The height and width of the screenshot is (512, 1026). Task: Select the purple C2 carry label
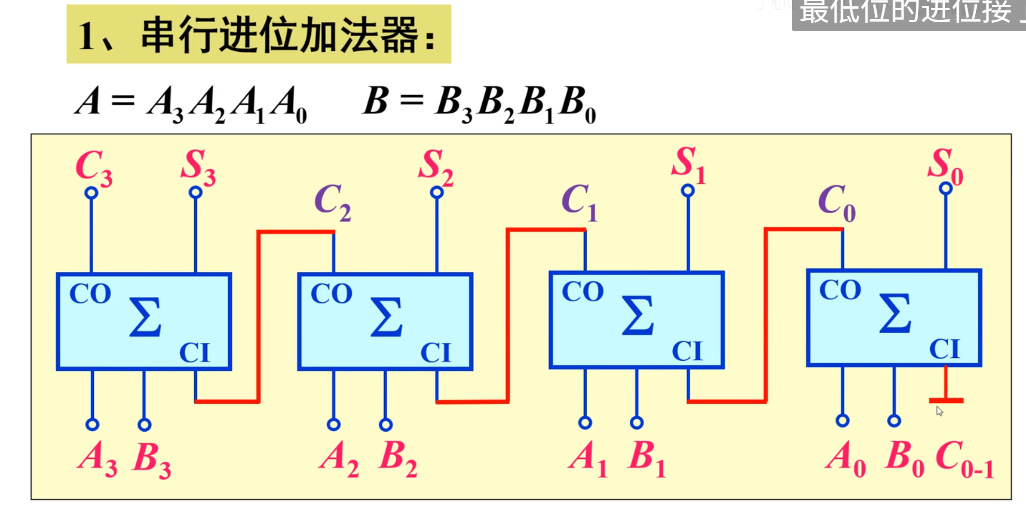[332, 202]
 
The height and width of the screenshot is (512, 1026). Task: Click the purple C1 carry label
[579, 202]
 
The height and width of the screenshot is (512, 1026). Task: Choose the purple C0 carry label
[837, 202]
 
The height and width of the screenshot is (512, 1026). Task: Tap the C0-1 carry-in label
[965, 459]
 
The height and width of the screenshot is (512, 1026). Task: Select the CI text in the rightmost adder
[944, 349]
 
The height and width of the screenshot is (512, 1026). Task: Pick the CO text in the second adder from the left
[332, 293]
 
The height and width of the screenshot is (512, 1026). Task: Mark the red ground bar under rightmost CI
[946, 400]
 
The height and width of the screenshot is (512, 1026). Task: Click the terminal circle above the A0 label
[842, 421]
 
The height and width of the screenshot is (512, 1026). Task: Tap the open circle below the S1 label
[688, 191]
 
